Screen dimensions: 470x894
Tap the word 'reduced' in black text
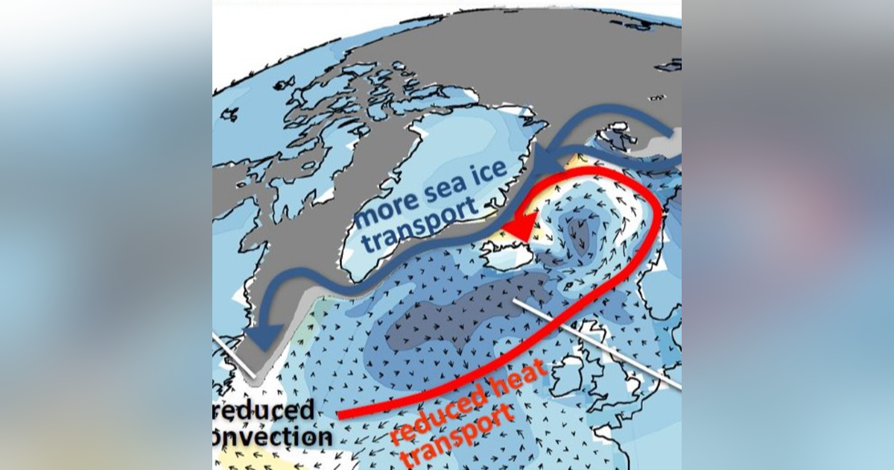tap(264, 410)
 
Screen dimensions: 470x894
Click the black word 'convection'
tap(273, 436)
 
